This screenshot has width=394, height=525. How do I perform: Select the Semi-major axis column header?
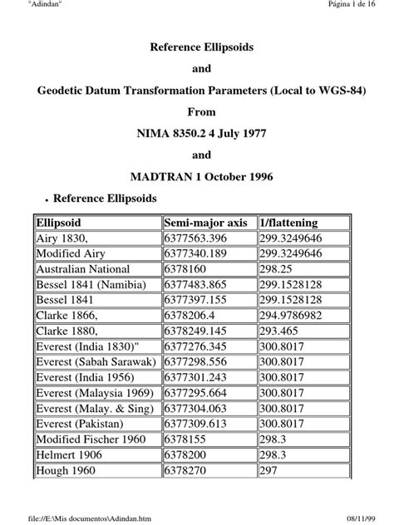[x=205, y=223]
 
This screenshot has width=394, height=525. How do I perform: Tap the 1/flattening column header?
[x=290, y=223]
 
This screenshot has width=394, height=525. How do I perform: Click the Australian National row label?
[x=83, y=269]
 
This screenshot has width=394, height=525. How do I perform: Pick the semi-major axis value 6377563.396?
[x=197, y=238]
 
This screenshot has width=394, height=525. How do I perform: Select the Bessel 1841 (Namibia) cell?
[x=91, y=285]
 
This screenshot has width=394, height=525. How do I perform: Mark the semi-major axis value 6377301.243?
[x=197, y=377]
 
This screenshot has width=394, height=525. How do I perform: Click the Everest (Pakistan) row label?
[x=84, y=424]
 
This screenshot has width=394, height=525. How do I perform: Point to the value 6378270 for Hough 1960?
[x=185, y=470]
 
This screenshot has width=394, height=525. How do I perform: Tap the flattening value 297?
[x=269, y=470]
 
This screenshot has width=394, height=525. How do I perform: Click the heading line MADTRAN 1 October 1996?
[x=196, y=177]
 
